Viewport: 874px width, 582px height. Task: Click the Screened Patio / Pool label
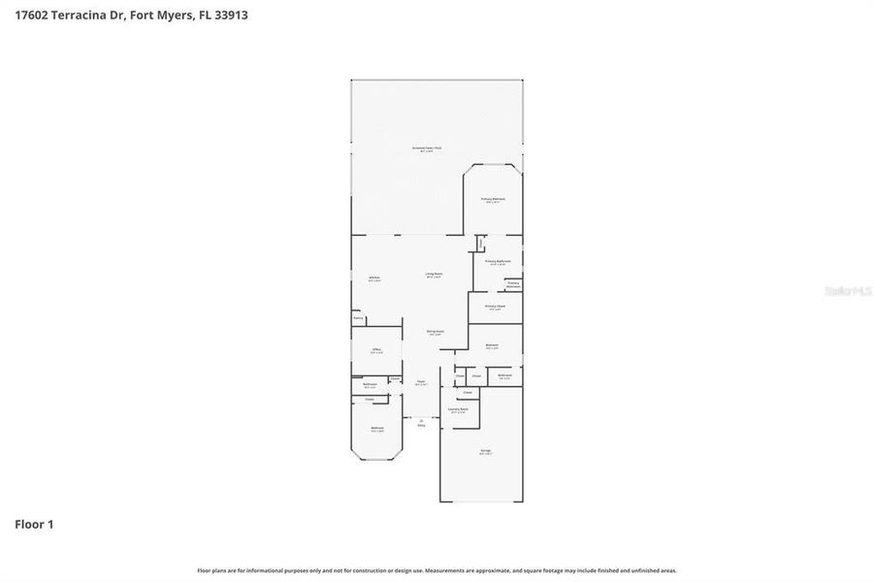[x=426, y=148]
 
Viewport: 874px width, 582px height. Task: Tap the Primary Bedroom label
[x=494, y=200]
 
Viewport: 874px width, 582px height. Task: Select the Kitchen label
[x=373, y=278]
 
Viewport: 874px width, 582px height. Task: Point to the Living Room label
[x=434, y=275]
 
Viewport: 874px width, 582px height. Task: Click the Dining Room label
[x=436, y=332]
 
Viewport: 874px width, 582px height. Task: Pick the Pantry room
[x=358, y=317]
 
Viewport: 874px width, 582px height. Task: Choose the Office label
[x=375, y=350]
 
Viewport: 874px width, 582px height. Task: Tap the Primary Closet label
[x=495, y=307]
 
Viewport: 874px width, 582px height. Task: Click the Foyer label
[x=421, y=383]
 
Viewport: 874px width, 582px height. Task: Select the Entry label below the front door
[x=421, y=425]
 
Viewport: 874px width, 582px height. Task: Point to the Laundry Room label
[x=458, y=410]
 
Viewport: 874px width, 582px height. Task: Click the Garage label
[x=485, y=452]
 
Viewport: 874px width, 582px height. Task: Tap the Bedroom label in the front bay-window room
[x=376, y=429]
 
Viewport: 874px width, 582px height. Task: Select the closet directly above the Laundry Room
[x=467, y=393]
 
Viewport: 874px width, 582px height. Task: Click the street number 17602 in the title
[x=32, y=16]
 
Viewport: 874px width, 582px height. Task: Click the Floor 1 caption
[x=34, y=524]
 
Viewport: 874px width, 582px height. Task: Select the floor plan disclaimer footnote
[x=437, y=570]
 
